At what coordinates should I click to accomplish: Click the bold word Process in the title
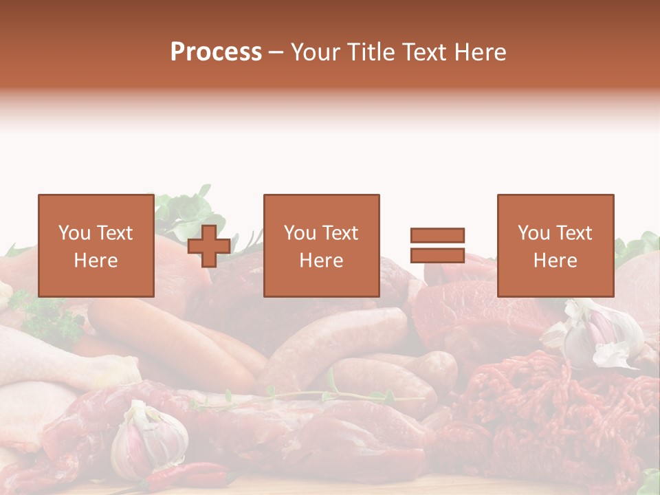216,52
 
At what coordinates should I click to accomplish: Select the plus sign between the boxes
209,246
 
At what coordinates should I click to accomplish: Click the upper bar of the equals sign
437,235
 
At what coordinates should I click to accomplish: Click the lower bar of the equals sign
437,255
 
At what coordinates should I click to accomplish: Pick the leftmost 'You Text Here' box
96,245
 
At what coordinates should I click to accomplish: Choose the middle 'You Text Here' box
321,245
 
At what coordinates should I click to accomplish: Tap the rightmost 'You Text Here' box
555,245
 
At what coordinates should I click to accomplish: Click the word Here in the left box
96,260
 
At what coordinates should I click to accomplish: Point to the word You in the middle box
300,233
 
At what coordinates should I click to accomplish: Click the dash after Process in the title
276,52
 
